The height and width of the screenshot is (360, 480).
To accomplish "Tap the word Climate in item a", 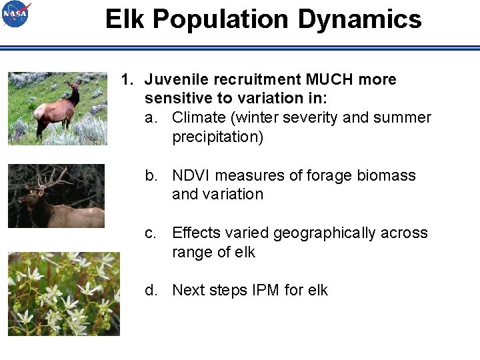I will pos(198,118).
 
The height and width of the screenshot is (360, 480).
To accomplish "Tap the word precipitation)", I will pos(218,137).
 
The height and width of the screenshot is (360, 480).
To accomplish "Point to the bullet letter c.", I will pos(153,233).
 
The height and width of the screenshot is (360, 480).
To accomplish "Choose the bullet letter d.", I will pos(153,291).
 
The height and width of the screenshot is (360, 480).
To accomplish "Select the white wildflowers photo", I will pos(64,293).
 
